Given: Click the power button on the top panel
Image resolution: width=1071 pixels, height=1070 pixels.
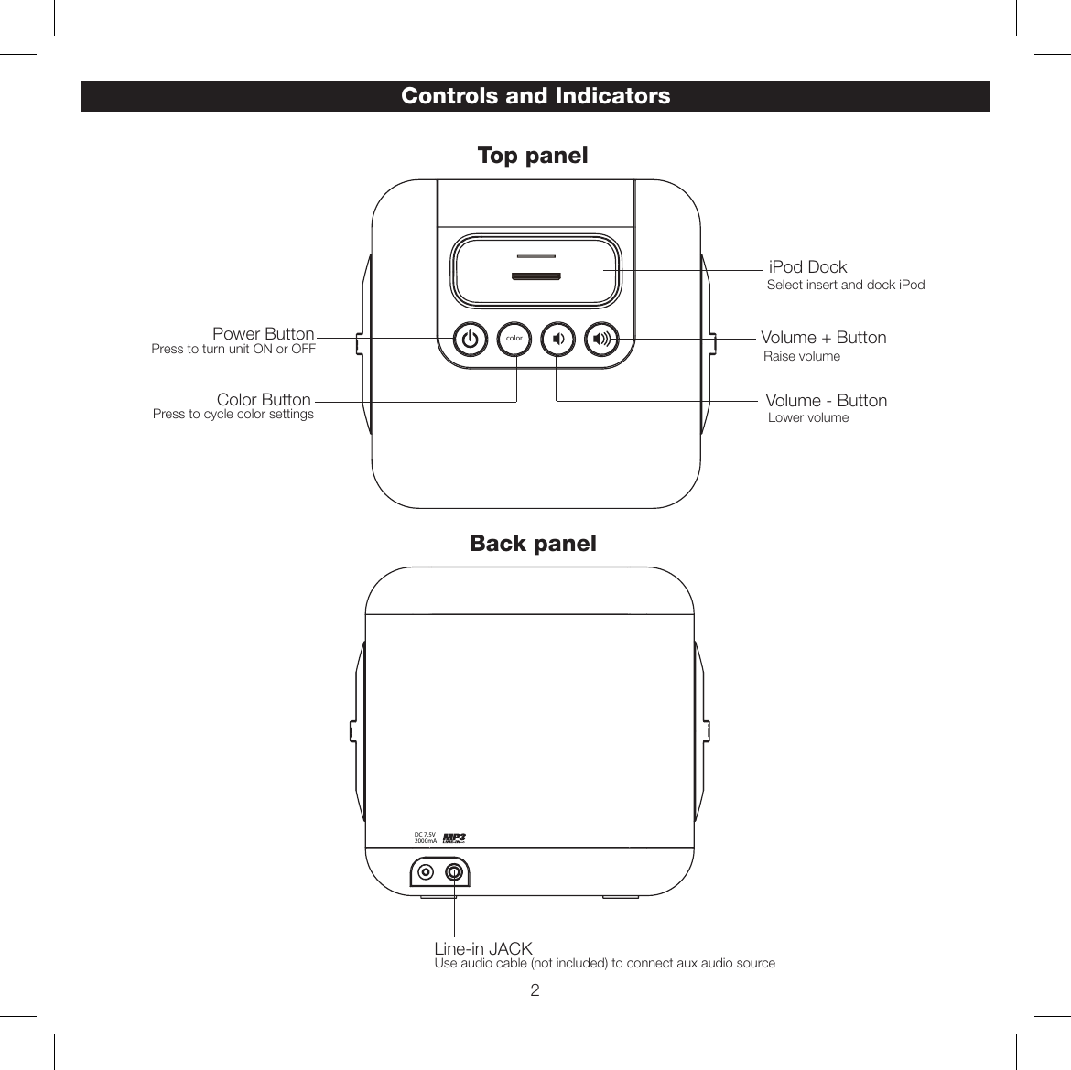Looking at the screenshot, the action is (470, 340).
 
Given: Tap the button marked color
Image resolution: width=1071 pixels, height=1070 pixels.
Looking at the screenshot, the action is (514, 339).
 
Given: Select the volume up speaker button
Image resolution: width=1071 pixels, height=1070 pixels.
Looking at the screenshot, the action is (601, 340).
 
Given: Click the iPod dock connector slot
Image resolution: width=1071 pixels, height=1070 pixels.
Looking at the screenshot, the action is (535, 276).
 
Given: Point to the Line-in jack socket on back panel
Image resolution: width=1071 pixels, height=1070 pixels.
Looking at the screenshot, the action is (454, 871).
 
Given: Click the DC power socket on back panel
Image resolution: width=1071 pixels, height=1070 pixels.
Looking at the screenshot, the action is (426, 871).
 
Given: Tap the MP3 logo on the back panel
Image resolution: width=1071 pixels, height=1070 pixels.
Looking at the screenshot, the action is (454, 838).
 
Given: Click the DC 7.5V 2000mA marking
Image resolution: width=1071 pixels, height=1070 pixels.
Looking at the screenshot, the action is (425, 838).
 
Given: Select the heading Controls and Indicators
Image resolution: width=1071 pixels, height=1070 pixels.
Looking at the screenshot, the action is (535, 96).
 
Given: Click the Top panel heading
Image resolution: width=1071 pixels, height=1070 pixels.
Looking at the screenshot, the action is (533, 156).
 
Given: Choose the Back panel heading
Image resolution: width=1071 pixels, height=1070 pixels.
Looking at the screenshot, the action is (533, 544).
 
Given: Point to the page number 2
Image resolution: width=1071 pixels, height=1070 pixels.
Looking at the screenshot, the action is (535, 990).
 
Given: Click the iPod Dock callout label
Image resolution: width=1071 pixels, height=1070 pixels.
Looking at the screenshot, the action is (807, 267).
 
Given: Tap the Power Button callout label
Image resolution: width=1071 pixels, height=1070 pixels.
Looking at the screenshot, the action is (264, 334).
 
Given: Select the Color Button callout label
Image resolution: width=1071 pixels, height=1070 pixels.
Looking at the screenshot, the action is (264, 400).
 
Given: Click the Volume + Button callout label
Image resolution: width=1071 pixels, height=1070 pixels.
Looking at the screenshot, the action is (824, 338).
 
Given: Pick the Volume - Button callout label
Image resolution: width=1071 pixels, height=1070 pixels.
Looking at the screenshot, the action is (826, 401).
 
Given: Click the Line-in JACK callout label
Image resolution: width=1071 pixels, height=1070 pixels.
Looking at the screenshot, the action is (483, 949).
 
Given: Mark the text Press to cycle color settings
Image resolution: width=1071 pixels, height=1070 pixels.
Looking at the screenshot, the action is (233, 415).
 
